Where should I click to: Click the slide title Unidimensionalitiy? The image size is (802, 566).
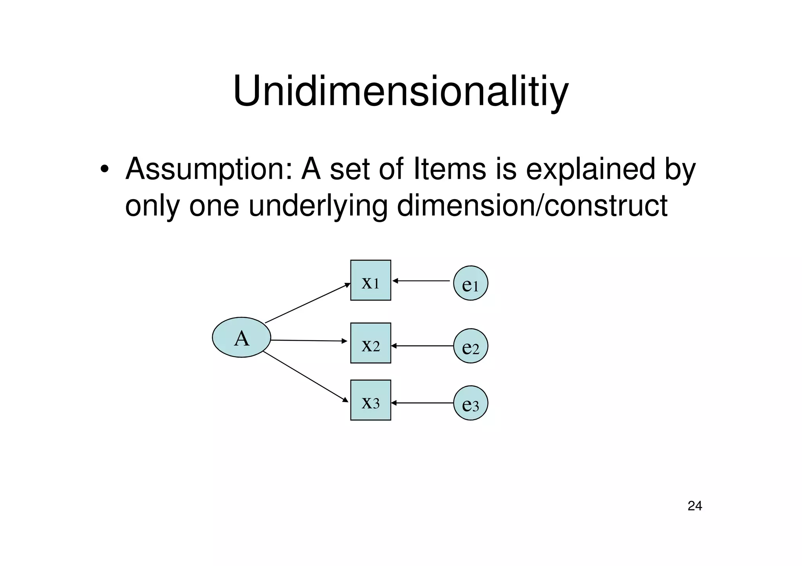[x=400, y=91]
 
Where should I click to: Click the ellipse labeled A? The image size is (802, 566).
[x=241, y=337]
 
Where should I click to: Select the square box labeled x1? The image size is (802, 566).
[x=370, y=280]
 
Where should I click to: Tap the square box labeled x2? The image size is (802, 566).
[x=370, y=343]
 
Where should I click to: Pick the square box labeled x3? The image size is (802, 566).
[x=370, y=400]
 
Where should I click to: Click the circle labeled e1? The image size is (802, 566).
[x=470, y=283]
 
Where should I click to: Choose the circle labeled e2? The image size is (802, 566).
[x=470, y=346]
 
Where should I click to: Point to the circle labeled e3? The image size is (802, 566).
[x=470, y=403]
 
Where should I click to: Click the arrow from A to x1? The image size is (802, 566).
[x=307, y=303]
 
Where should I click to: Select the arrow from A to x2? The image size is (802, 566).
[x=309, y=341]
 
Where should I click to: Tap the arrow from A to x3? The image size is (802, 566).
[x=305, y=377]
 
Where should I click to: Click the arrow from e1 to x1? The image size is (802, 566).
[x=421, y=280]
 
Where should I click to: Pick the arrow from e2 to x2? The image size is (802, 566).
[x=422, y=346]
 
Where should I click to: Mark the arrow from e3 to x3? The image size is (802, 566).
[x=422, y=403]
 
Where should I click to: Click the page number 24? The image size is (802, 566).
[x=695, y=506]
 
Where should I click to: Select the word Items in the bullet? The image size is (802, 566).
[x=450, y=169]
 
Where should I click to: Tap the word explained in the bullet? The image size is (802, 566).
[x=590, y=169]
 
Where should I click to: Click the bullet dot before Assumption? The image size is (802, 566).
[x=104, y=170]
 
